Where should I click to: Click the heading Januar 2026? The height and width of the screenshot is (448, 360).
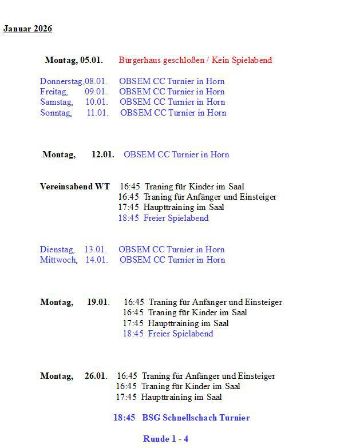tap(27, 29)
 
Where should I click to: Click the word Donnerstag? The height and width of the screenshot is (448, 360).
tap(61, 81)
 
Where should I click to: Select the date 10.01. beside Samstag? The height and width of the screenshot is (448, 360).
tap(97, 102)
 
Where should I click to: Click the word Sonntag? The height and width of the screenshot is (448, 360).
tap(56, 113)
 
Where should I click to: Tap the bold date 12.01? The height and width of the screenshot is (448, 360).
tap(102, 154)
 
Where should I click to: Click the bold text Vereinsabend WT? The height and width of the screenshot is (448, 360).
tap(74, 187)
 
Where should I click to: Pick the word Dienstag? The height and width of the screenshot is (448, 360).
tap(57, 249)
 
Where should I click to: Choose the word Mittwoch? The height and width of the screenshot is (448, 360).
tap(58, 260)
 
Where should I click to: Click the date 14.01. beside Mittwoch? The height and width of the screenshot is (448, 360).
tap(97, 260)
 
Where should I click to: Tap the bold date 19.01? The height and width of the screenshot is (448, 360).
tap(98, 302)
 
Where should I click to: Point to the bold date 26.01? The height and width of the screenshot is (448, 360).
tap(96, 376)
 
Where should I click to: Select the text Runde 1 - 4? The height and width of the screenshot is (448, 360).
tap(165, 439)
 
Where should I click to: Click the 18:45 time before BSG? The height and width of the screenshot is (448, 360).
tap(124, 418)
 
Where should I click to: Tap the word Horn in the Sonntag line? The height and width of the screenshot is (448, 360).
tap(217, 113)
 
